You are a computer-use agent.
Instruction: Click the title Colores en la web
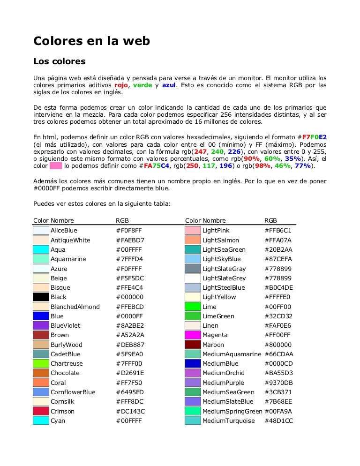(x=91, y=41)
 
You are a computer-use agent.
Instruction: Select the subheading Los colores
(x=59, y=61)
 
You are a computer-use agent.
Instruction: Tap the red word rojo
(x=121, y=85)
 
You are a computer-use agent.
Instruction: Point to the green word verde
(x=142, y=85)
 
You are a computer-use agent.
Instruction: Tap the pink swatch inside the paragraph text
(x=56, y=166)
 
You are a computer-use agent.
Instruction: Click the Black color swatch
(x=41, y=297)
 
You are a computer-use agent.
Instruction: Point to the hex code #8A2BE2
(x=130, y=325)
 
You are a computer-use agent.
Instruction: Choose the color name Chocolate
(x=65, y=373)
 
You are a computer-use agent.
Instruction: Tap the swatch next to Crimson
(x=41, y=411)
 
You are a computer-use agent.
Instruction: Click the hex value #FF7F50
(x=129, y=383)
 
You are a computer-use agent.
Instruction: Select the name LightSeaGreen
(x=224, y=250)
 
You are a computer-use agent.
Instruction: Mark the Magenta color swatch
(x=193, y=335)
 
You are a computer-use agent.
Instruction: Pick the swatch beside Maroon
(x=193, y=345)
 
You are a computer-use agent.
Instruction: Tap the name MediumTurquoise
(x=228, y=421)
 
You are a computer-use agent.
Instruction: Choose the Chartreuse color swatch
(x=41, y=364)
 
